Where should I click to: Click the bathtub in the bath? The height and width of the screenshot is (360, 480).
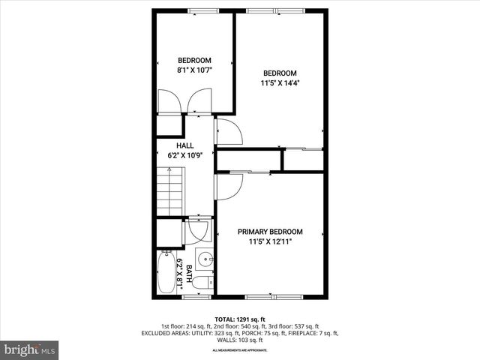tap(167, 273)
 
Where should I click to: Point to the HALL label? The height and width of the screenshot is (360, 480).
tap(184, 145)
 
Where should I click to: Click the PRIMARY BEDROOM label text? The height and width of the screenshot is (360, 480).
tap(270, 232)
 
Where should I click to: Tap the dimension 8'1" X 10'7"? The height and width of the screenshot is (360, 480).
tap(194, 72)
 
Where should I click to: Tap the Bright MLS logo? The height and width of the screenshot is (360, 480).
tap(30, 349)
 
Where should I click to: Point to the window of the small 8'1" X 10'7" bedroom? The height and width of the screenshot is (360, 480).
tap(199, 10)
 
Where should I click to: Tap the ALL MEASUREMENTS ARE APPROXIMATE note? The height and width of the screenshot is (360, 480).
tap(240, 350)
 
